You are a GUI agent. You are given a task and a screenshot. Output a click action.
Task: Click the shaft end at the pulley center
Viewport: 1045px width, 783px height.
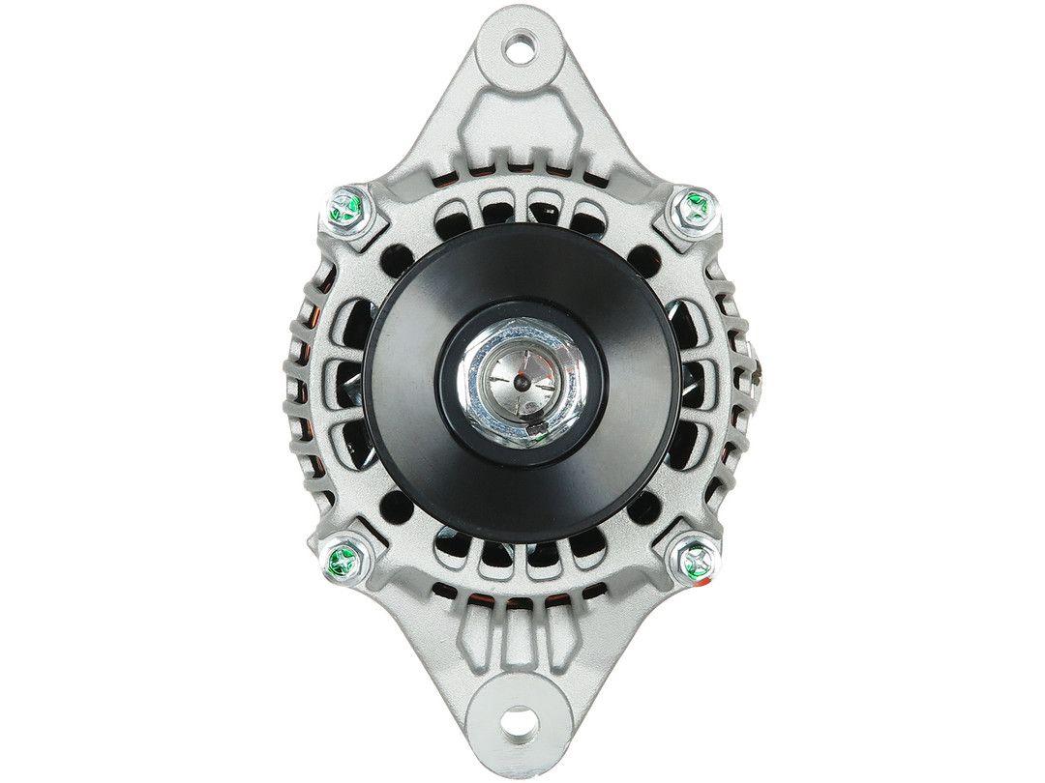pos(522,381)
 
